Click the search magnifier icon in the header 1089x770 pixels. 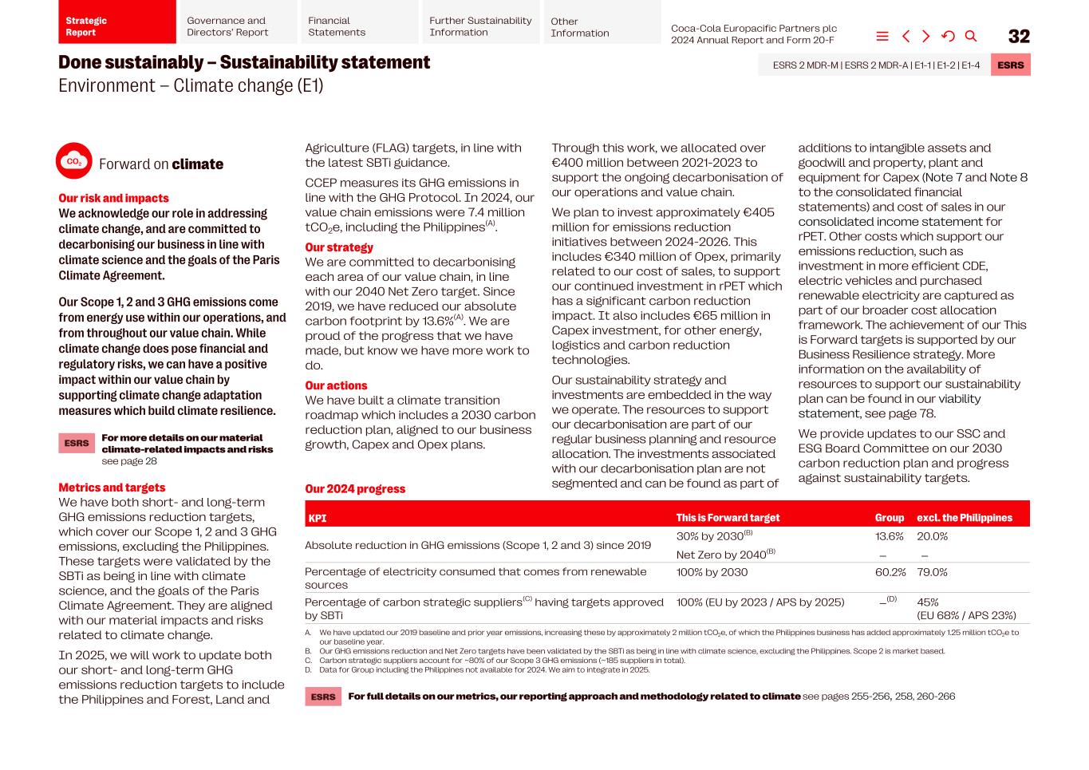coord(971,36)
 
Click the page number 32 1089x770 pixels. coord(1019,37)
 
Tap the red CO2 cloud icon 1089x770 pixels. coord(74,161)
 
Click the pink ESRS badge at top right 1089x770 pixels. coord(1010,65)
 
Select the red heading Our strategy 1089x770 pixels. coord(339,247)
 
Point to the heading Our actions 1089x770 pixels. coord(336,385)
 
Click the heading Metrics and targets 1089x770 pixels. coord(112,488)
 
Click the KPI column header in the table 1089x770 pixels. coord(318,518)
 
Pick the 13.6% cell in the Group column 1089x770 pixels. coord(889,536)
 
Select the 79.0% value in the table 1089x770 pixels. coord(932,572)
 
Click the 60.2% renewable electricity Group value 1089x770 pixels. coord(890,572)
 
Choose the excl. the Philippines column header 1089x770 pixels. coord(964,518)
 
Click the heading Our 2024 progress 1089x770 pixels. coord(355,489)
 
